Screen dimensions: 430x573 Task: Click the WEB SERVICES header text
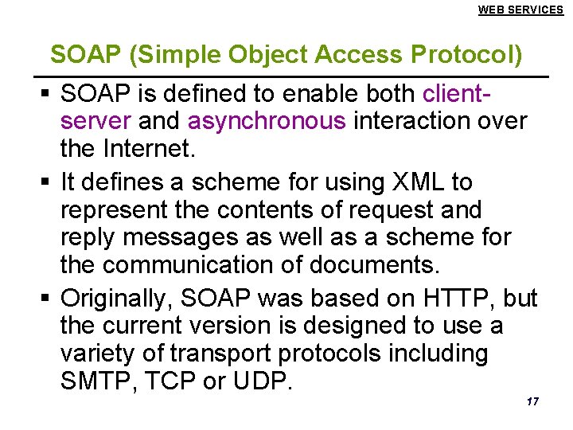click(x=520, y=10)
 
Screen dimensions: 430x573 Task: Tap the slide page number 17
click(x=532, y=401)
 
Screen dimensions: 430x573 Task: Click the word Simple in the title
click(x=180, y=55)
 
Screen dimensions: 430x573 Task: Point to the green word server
click(x=95, y=122)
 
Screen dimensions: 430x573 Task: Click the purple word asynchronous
click(x=267, y=122)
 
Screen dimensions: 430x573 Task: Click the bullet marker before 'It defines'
click(x=45, y=183)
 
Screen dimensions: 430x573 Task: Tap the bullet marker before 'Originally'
click(x=45, y=299)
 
